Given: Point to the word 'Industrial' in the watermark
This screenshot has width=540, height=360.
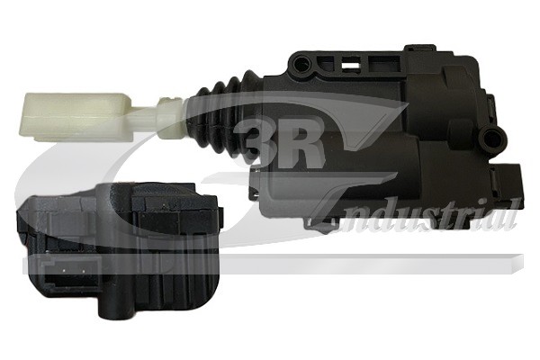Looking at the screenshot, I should coord(423,214).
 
